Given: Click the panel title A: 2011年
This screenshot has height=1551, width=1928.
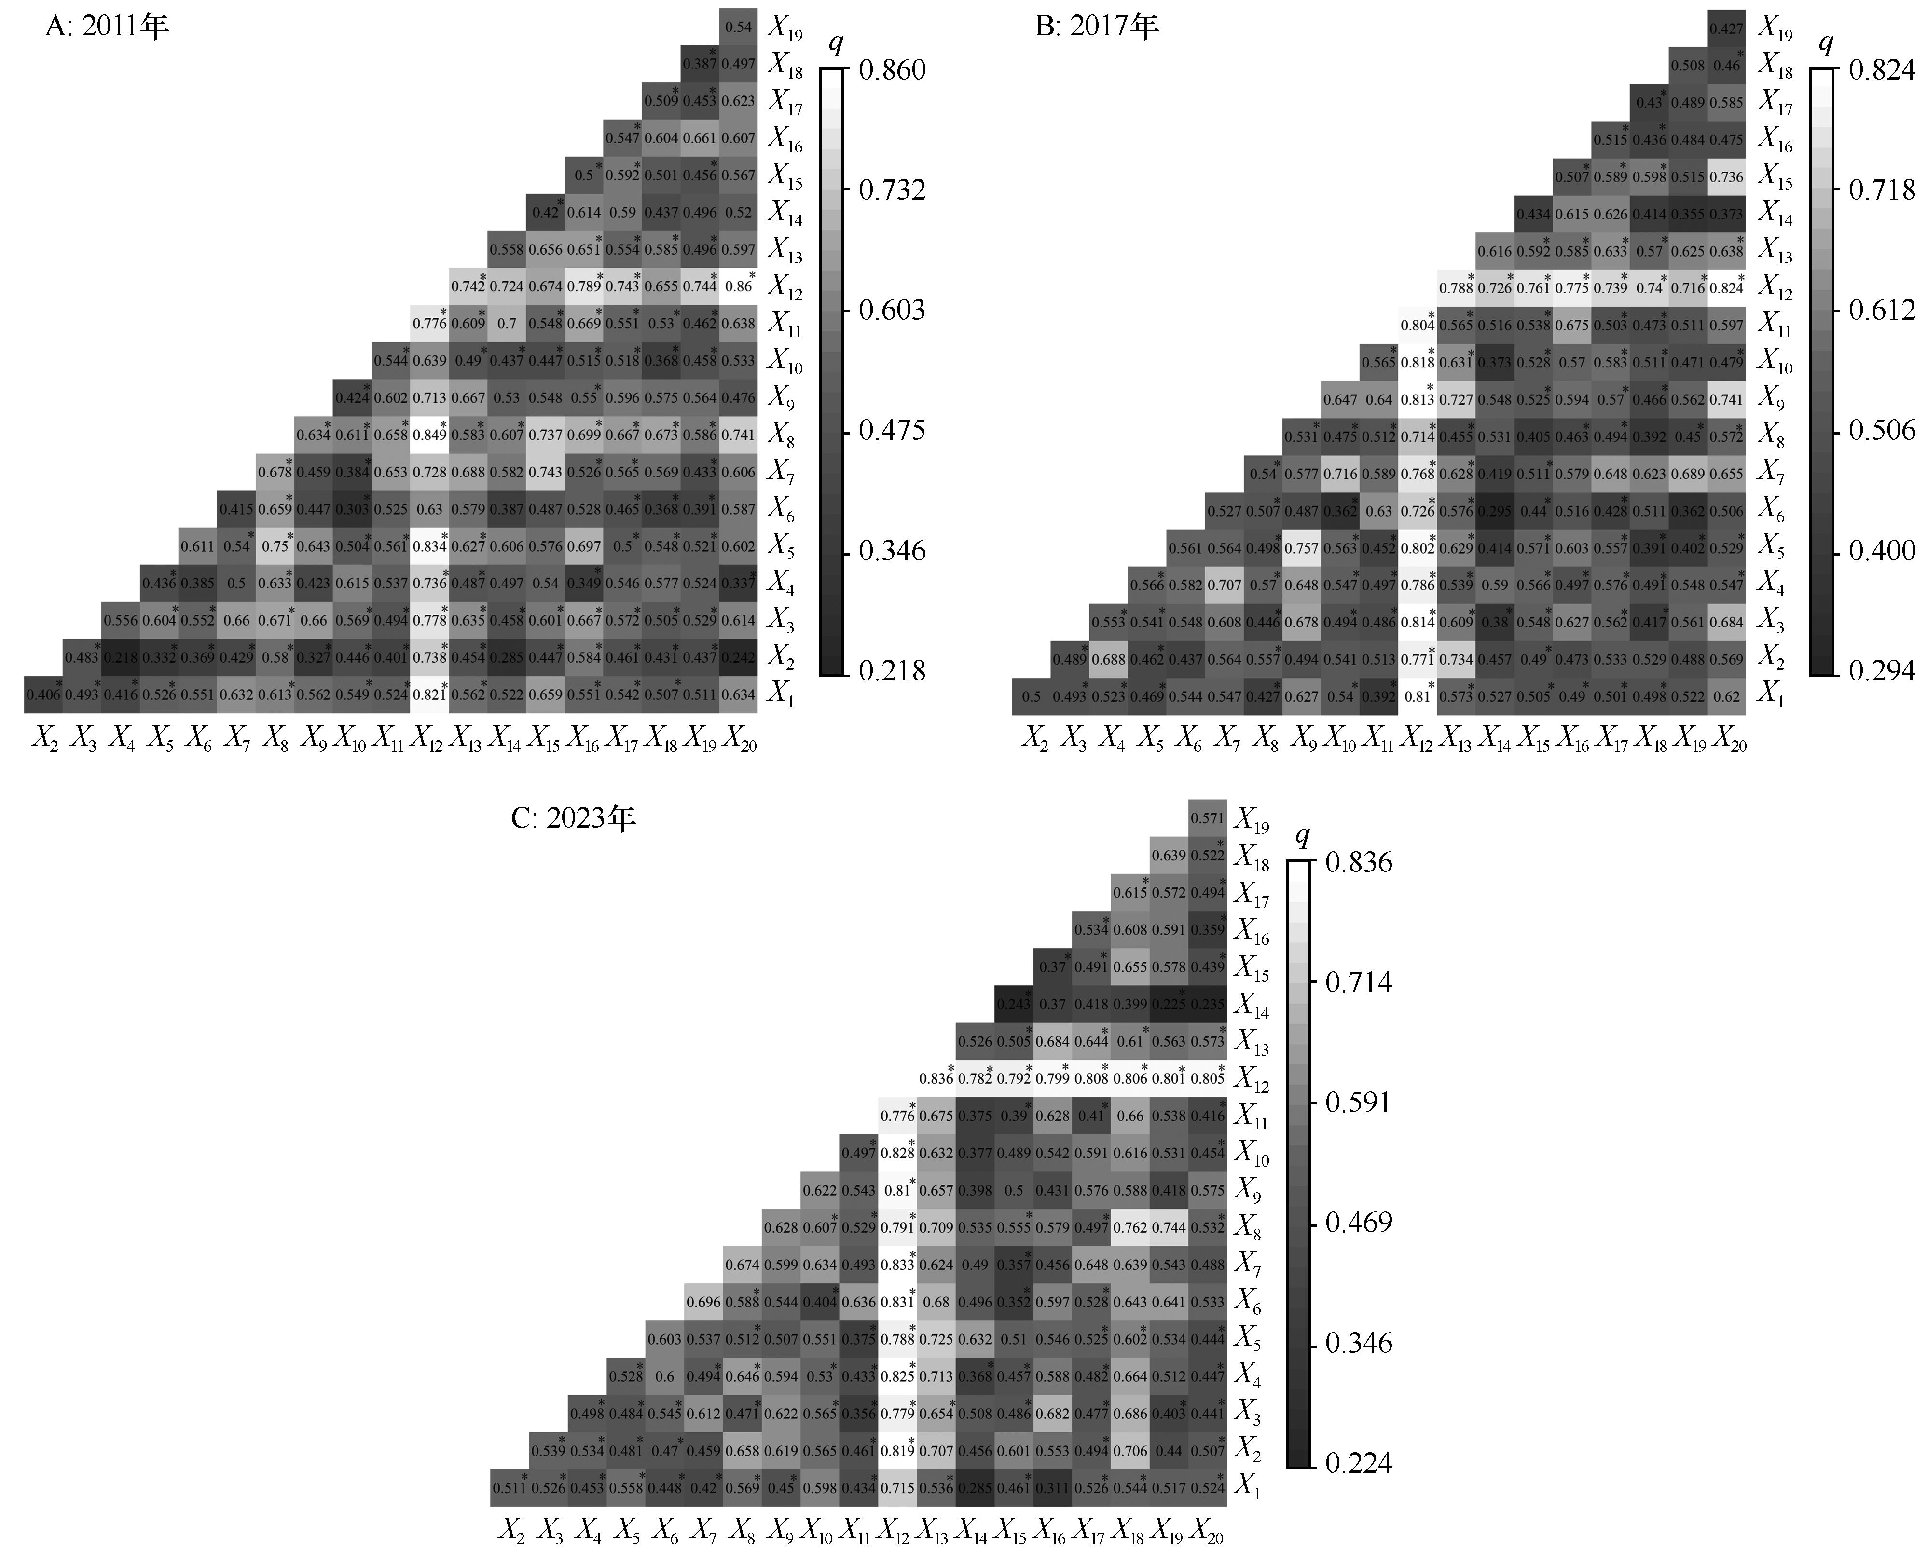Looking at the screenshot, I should pos(107,27).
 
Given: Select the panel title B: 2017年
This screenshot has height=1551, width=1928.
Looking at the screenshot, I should pos(1096,27).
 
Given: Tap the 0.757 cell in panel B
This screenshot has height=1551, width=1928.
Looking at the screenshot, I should pos(1302,548).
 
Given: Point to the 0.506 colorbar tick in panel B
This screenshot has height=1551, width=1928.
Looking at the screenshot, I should pos(1882,431).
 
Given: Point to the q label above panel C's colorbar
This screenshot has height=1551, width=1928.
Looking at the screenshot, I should pos(1302,837).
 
